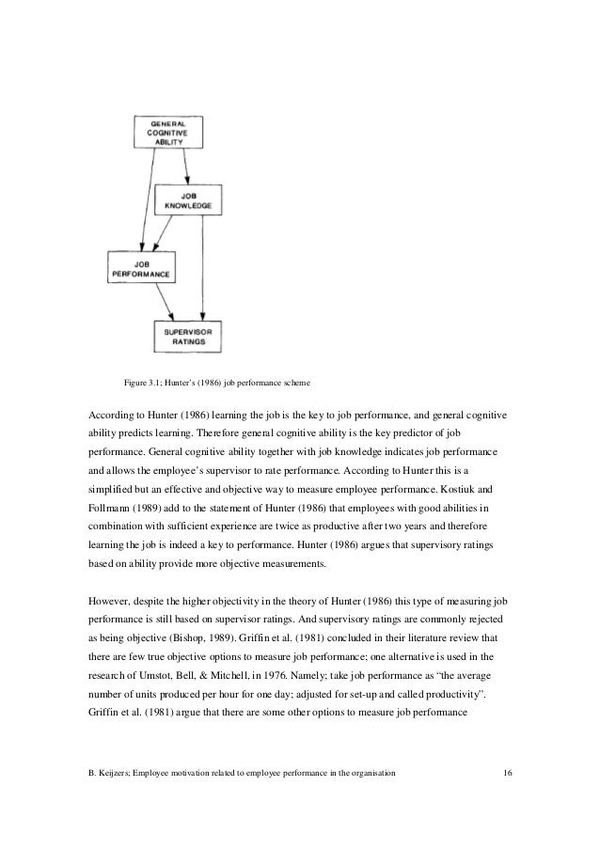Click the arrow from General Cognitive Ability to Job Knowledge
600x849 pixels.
[187, 165]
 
